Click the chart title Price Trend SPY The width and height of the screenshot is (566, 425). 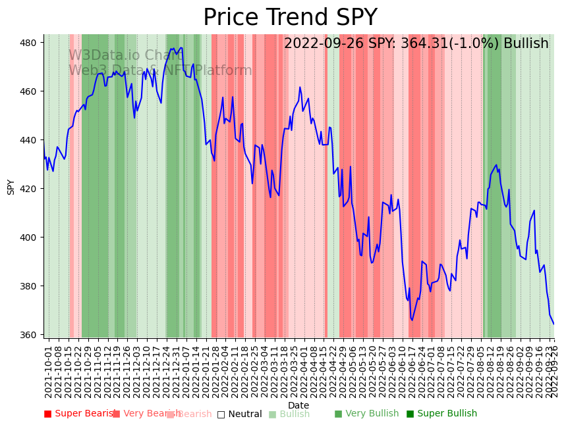coord(290,18)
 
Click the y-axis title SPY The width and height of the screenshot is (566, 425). coord(11,187)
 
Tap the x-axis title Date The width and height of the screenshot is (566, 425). coord(298,405)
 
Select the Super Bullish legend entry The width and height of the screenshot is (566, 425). coord(441,414)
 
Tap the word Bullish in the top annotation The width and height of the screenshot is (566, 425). coord(526,44)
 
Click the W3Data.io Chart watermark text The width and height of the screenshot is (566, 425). coord(126,55)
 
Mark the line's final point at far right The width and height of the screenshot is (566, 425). coord(553,324)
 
